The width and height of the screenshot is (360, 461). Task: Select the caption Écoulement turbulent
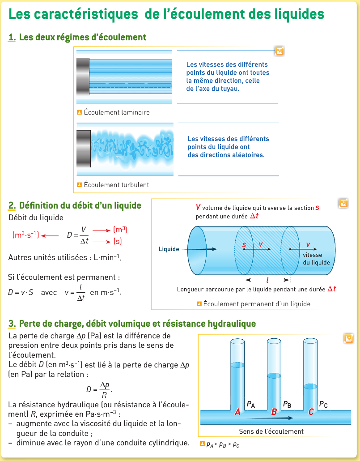coord(116,185)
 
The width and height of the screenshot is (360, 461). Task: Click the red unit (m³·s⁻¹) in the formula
coord(26,234)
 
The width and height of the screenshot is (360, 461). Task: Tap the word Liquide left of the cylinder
coord(169,249)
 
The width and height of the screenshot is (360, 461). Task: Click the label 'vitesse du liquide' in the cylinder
coord(316,259)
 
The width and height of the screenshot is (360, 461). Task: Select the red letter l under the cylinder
coord(267,280)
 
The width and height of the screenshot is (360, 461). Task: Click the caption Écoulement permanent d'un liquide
coord(257,304)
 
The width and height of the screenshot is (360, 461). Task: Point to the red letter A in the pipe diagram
coord(238,412)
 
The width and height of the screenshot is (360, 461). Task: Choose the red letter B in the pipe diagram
coord(274,412)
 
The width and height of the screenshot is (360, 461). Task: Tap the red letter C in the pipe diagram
coord(311,412)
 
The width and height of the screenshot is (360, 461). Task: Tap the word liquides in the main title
coord(293,14)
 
